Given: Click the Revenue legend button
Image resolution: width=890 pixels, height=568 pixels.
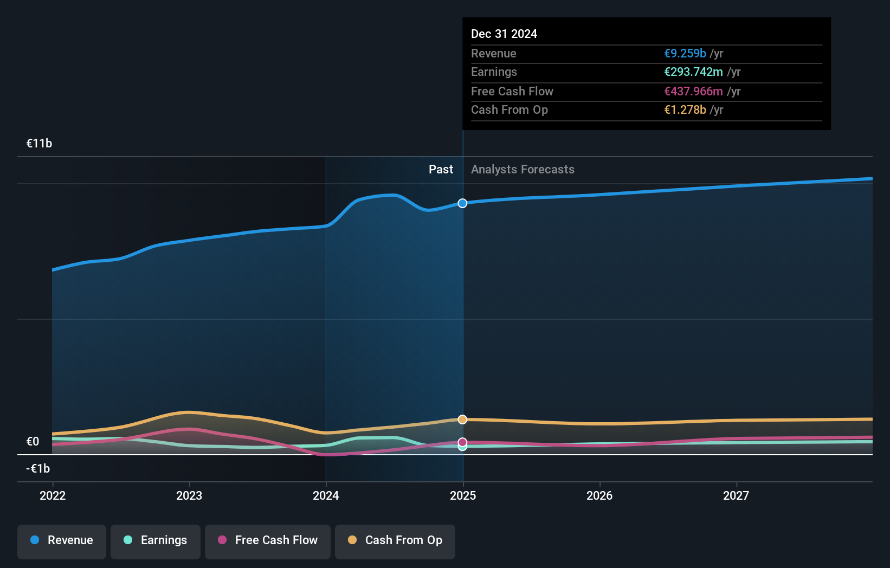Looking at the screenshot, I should (62, 540).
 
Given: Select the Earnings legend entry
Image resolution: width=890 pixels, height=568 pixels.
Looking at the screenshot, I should (156, 540).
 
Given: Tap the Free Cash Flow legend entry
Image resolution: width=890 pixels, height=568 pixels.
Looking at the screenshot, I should (268, 540).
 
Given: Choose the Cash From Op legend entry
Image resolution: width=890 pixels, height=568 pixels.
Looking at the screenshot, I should (395, 540).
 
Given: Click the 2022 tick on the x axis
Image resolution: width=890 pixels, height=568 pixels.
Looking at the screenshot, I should (53, 495).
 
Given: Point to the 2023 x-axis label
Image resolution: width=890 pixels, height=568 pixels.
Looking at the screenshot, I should (189, 495).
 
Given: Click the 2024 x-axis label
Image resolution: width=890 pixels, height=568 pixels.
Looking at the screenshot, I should (326, 495).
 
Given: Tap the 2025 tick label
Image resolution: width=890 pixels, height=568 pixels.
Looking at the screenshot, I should (463, 495).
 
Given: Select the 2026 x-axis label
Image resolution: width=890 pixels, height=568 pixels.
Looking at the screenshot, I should (599, 495).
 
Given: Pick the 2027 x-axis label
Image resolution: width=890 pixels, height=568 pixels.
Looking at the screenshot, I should (736, 495).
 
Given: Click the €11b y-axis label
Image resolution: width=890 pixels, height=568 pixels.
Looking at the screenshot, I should (39, 144).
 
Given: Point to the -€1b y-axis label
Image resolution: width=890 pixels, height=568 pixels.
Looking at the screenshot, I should (38, 468).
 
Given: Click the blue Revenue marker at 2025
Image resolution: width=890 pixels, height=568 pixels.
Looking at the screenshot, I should (462, 203).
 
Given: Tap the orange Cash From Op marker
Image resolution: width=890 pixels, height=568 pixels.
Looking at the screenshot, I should (462, 419).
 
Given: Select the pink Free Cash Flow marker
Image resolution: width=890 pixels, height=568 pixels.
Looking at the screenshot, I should (462, 442).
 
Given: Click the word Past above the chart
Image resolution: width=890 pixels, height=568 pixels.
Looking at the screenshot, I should (441, 170).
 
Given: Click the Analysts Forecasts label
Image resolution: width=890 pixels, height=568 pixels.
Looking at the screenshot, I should (523, 170).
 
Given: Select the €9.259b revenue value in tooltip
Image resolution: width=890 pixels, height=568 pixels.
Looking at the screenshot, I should (685, 54).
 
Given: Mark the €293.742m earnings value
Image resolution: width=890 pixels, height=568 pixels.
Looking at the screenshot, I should (693, 72).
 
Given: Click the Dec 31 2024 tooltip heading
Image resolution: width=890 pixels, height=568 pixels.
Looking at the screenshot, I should (504, 34).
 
